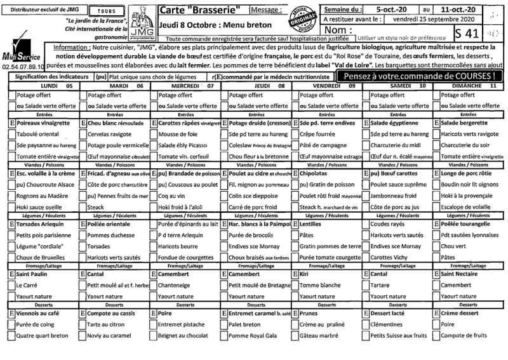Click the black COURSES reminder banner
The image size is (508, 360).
pos(417,75)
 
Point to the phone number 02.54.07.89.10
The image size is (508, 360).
pos(23,66)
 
